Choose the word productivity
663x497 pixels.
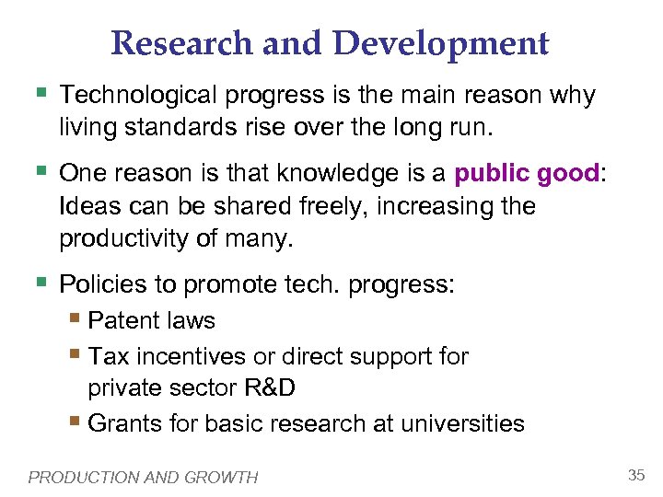126,239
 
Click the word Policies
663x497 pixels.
103,285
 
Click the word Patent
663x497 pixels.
124,321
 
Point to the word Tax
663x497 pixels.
109,356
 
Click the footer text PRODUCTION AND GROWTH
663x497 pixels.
144,477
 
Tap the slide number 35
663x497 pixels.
635,475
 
